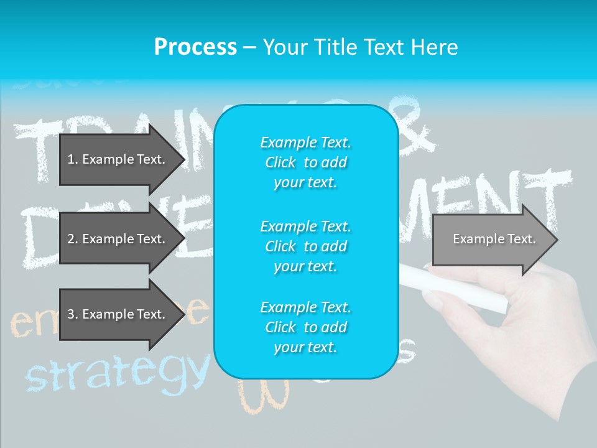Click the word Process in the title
click(x=195, y=47)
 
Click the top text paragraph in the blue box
click(x=305, y=162)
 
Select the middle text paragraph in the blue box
click(x=305, y=246)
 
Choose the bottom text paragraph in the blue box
click(x=305, y=327)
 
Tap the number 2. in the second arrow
click(x=72, y=239)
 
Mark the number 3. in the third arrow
click(x=72, y=314)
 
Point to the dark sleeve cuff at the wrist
click(x=581, y=398)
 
